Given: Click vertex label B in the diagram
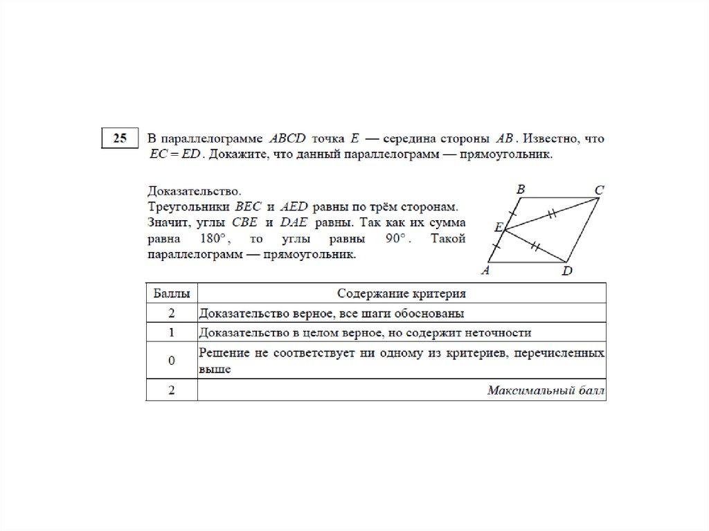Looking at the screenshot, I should point(521,188).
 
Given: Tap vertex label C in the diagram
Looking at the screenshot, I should point(600,190).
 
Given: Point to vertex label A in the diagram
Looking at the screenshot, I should point(485,271).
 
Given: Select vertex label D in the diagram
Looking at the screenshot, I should point(567,272).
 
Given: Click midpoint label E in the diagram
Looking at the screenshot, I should point(498,226).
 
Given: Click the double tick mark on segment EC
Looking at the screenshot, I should point(552,215).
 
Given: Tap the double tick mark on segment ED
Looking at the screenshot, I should point(535,244).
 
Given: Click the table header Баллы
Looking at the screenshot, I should point(171,293).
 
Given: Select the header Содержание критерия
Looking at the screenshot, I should point(402,293).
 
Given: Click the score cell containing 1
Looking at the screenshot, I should point(171,332).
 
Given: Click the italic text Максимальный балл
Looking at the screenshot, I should point(546,391).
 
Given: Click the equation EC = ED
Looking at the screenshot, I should point(174,155).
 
